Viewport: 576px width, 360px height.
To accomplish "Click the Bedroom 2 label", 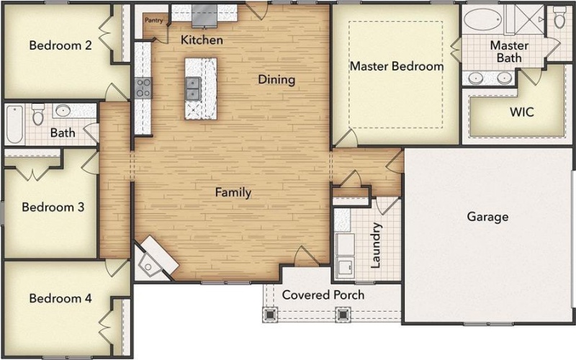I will [60, 45].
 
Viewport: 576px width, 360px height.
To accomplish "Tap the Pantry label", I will [153, 20].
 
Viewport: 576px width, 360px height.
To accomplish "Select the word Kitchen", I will [201, 39].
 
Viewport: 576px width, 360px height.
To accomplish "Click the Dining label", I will [276, 79].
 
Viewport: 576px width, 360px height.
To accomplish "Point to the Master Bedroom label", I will [396, 66].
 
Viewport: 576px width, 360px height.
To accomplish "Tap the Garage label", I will [487, 216].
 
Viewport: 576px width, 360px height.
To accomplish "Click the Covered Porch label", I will [323, 294].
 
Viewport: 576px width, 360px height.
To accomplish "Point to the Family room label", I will [233, 192].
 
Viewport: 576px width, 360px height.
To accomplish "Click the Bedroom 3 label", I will [53, 207].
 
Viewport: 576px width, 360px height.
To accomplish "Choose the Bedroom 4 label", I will [60, 298].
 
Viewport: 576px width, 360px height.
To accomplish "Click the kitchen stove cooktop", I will [143, 88].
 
